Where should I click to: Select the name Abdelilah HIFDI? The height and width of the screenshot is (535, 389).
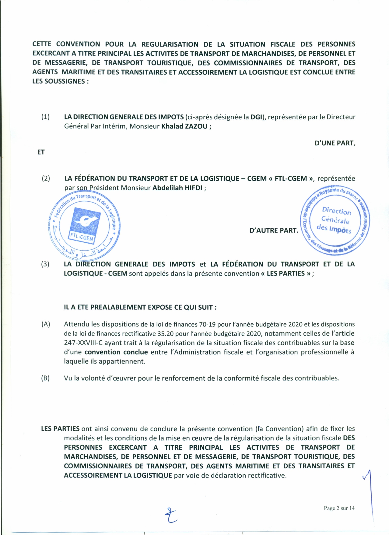177,188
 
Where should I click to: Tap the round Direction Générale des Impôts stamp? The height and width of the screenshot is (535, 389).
335,220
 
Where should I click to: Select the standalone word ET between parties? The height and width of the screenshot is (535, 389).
41,152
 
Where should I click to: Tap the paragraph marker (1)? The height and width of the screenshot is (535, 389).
45,117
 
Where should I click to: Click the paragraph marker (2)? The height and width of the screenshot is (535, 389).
46,178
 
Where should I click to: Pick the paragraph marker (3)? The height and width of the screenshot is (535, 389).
45,264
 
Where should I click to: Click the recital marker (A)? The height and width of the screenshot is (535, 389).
46,324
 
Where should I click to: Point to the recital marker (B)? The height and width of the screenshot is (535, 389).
45,378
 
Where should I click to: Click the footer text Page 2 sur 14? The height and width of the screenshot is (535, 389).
339,508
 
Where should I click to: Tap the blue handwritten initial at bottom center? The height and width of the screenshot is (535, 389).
171,516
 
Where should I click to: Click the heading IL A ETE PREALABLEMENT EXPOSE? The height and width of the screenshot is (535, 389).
140,307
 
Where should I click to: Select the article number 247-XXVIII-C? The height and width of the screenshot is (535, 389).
83,343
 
